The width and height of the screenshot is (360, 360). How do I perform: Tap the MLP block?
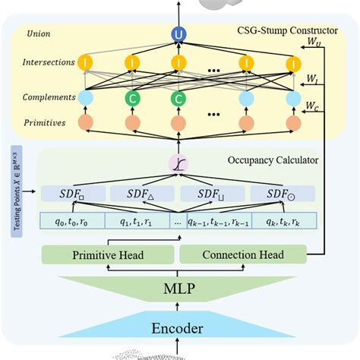[x=179, y=289]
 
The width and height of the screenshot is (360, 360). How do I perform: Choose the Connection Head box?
[x=242, y=255]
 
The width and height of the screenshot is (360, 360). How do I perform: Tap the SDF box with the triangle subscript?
[x=141, y=194]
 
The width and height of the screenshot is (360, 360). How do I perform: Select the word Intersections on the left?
[x=49, y=62]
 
